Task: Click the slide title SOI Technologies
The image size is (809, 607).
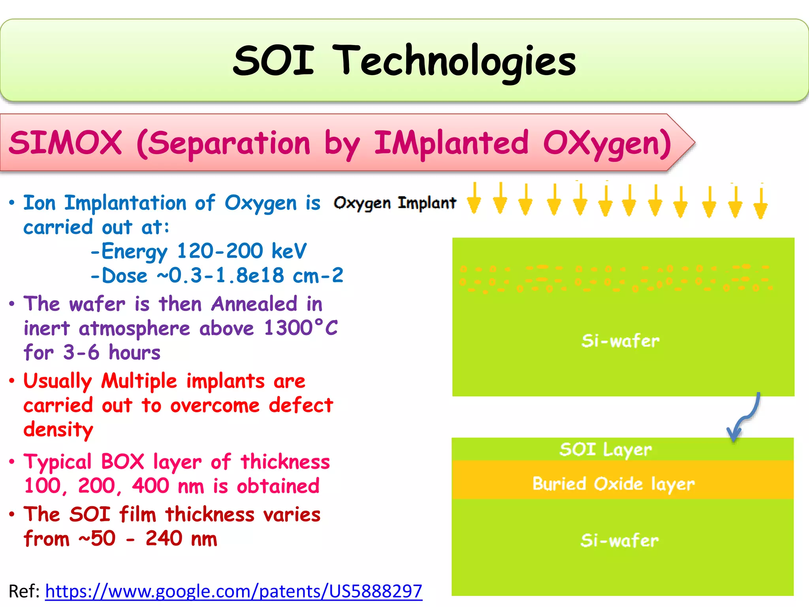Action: [x=404, y=61]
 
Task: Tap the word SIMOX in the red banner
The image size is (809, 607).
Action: [x=65, y=143]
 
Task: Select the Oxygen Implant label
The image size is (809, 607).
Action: [x=395, y=203]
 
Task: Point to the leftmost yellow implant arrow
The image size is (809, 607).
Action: [x=474, y=199]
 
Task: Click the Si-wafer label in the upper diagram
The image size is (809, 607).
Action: [x=620, y=341]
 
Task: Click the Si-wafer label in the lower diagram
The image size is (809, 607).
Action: [x=619, y=540]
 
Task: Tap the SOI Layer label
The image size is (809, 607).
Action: [x=606, y=450]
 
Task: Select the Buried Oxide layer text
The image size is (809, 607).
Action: [x=613, y=484]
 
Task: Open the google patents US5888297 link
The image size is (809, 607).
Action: [x=233, y=592]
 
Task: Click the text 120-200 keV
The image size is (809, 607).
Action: [x=241, y=251]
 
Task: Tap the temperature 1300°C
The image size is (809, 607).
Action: [x=301, y=328]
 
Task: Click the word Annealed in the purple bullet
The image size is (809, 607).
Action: [x=254, y=304]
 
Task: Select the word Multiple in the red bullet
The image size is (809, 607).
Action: [x=139, y=381]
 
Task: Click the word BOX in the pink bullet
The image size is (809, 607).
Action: [x=123, y=462]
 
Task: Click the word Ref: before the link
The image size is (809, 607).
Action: [x=24, y=592]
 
